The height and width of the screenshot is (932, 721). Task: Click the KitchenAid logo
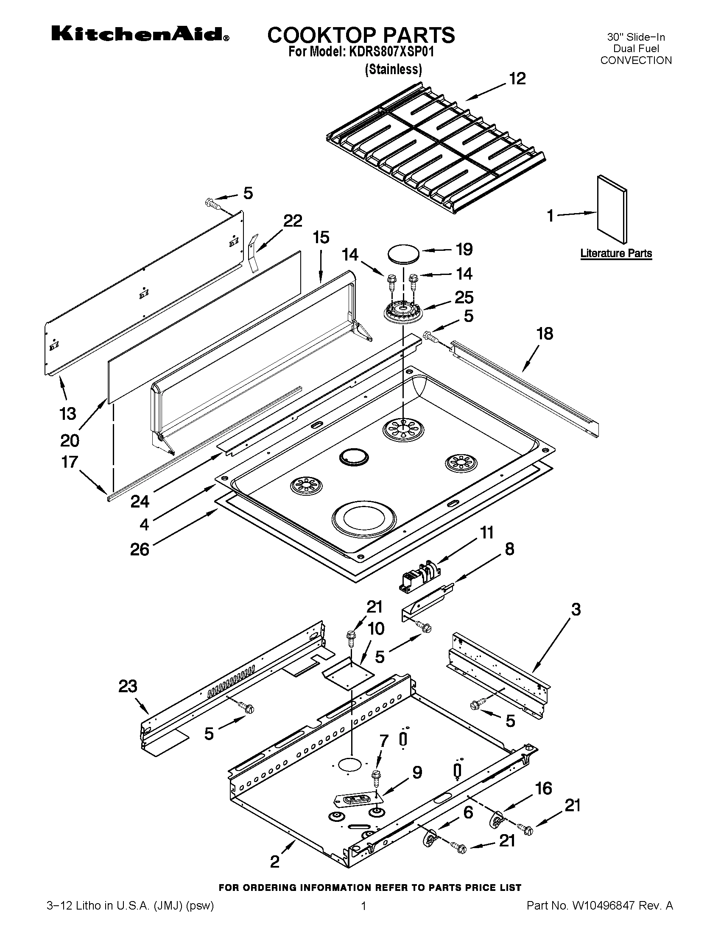click(x=140, y=34)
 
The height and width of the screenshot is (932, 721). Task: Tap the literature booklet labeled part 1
click(x=612, y=209)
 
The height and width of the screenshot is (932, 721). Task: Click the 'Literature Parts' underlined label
click(x=616, y=253)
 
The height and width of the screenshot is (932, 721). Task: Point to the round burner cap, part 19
click(x=404, y=253)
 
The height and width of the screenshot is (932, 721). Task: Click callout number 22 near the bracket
click(x=293, y=221)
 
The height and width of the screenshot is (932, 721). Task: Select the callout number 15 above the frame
click(x=321, y=237)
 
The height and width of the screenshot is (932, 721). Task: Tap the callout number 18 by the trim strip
click(x=545, y=333)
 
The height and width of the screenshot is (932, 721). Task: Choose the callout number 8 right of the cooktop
click(x=509, y=549)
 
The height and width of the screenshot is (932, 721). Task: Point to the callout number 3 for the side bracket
click(x=576, y=609)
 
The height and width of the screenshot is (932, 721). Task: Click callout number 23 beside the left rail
click(x=128, y=686)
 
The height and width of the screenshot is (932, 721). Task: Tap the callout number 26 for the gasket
click(x=140, y=549)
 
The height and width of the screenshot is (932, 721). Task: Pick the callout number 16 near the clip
click(x=543, y=788)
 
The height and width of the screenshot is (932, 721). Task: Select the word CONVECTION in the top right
click(x=636, y=60)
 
